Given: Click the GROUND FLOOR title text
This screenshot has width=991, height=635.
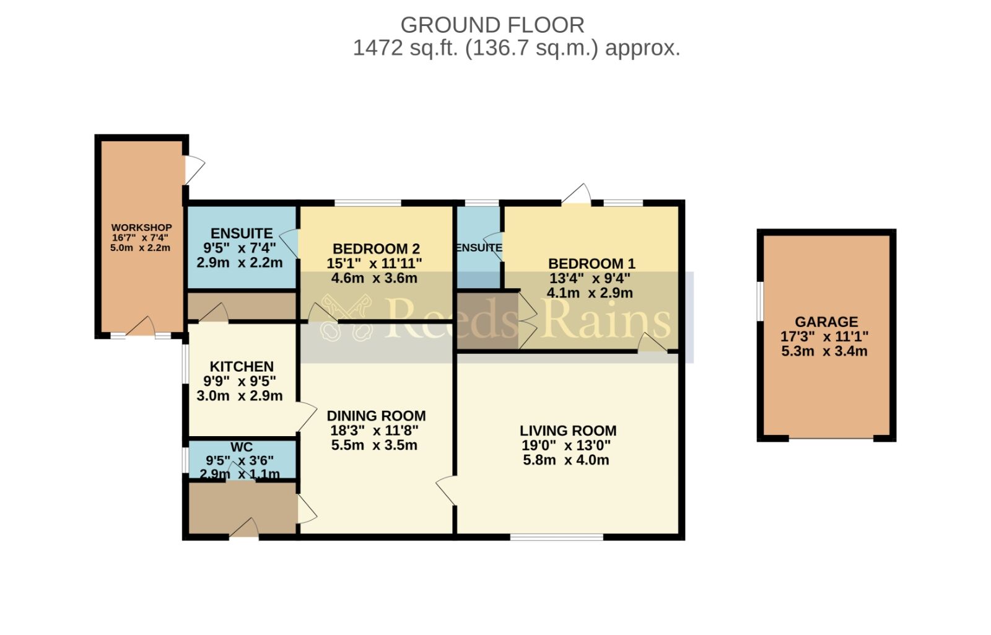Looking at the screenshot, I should (492, 25).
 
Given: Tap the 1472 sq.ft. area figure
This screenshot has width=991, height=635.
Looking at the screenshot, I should (406, 48).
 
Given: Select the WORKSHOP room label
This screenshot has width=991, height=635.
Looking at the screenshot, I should (141, 228).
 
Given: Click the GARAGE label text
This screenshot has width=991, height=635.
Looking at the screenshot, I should (826, 322).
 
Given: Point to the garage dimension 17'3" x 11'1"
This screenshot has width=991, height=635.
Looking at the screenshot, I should (824, 337).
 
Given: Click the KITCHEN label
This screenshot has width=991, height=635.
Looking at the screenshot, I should (242, 367).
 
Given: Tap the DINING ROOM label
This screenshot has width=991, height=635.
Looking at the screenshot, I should (376, 416).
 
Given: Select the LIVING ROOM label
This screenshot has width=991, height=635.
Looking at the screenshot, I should (567, 431).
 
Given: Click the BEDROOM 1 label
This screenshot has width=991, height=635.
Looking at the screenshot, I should (592, 263).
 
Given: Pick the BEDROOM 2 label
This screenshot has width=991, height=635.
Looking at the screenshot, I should (376, 249).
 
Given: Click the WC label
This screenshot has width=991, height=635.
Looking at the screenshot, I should (241, 447).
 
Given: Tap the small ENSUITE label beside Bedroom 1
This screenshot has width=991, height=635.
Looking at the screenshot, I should (479, 248).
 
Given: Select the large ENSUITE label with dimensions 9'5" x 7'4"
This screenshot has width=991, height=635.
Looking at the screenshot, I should (242, 234).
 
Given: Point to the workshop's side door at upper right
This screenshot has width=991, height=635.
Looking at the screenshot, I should (194, 169).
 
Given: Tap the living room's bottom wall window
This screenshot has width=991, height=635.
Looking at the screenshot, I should (556, 537).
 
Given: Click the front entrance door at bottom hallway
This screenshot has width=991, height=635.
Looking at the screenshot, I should (245, 528).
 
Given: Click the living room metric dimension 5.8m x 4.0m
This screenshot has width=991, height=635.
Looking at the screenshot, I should (565, 460).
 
